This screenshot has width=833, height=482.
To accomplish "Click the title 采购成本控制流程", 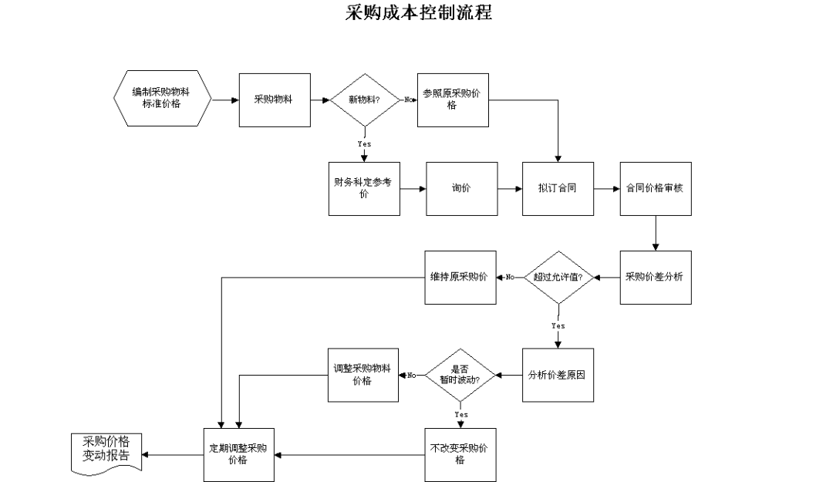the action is point(419,12).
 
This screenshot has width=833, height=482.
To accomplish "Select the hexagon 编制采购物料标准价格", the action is point(163,98).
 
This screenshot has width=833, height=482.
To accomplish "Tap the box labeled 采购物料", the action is point(275,100).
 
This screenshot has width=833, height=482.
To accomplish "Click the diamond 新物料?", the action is point(364,100).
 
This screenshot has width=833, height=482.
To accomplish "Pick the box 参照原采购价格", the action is point(453,100).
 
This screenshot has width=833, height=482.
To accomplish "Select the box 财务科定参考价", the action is point(364,189).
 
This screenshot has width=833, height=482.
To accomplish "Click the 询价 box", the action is point(462,189).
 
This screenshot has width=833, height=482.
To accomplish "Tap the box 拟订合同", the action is point(558,189).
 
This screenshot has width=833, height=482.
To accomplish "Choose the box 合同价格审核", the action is point(656,189).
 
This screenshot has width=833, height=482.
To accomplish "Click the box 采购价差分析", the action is point(656,278).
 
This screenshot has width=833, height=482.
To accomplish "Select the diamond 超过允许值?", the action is point(558,278).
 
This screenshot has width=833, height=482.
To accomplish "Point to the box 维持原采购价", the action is point(460,278).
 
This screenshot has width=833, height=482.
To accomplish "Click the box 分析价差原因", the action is point(558,375).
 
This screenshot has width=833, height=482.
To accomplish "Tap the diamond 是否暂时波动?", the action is point(460,375).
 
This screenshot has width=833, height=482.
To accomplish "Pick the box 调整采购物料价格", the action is point(363,375).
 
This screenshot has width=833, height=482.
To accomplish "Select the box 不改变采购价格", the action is point(460,455).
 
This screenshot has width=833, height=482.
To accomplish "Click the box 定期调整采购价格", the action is point(239,455).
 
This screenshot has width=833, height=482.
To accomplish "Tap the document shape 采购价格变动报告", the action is point(106,453).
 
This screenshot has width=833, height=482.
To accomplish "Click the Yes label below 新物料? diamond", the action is point(364,144).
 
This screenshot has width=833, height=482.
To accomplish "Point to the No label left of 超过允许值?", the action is point(510,277).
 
